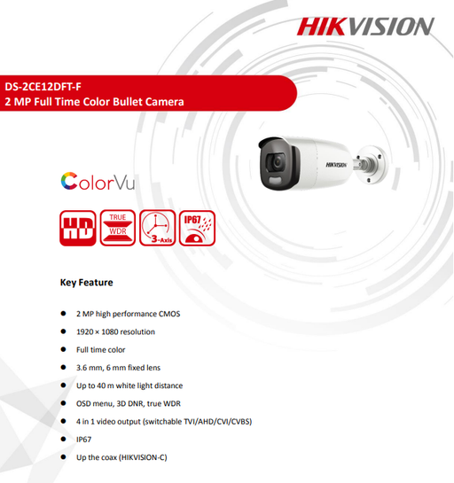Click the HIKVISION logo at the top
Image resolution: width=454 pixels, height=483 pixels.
(x=365, y=27)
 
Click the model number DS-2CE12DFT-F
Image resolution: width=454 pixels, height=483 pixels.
(x=43, y=87)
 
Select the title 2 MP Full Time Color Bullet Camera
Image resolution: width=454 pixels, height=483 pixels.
(x=94, y=102)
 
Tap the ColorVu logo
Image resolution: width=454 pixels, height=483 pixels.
(x=98, y=181)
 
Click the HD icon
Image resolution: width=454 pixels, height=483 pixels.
(x=78, y=228)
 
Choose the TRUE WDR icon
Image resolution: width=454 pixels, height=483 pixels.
(x=118, y=228)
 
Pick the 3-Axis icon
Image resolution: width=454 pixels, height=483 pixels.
(x=158, y=228)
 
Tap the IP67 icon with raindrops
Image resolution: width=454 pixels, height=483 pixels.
(x=197, y=228)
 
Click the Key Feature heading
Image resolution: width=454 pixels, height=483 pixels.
(x=87, y=283)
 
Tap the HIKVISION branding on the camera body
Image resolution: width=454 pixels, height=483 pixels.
(x=337, y=165)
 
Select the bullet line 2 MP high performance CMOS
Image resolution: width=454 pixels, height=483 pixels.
(x=129, y=314)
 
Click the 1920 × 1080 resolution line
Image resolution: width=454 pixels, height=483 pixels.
(x=115, y=331)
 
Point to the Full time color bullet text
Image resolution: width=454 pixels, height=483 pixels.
(x=101, y=349)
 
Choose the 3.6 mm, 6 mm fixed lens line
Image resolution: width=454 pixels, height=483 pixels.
(x=118, y=368)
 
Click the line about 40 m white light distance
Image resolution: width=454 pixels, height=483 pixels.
(x=129, y=386)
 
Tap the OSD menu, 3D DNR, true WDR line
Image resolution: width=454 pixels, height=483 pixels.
(x=129, y=403)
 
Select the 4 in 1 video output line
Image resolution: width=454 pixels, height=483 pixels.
(x=164, y=421)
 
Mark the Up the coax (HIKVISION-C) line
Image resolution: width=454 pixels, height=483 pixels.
(x=121, y=457)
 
